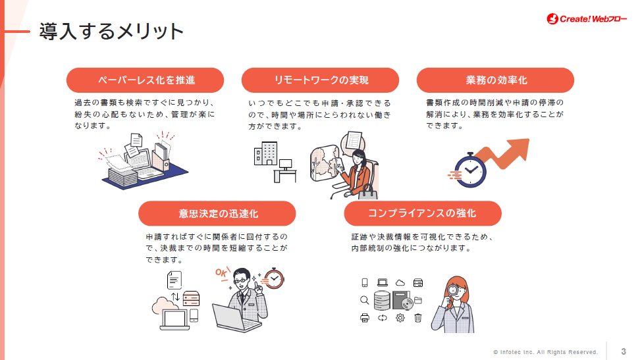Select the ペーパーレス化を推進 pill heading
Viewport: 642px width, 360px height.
146,80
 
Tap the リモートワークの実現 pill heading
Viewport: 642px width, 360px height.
321,80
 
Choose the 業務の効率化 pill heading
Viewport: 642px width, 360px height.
495,80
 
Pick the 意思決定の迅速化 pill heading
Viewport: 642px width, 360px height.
217,213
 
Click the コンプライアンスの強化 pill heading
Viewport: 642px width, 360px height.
423,213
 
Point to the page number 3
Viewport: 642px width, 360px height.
624,351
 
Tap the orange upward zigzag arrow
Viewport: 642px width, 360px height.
507,154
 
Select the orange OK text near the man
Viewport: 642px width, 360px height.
222,272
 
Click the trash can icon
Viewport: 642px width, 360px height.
417,319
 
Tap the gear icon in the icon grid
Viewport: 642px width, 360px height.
400,319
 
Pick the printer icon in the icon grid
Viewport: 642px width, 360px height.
364,319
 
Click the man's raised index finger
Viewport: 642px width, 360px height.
259,284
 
